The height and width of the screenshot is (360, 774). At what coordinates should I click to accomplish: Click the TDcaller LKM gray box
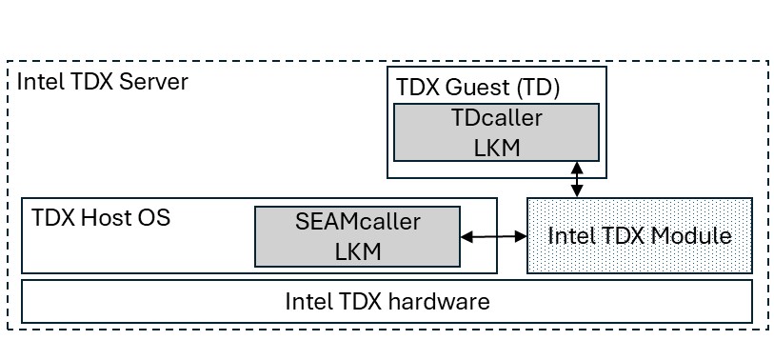coord(497,132)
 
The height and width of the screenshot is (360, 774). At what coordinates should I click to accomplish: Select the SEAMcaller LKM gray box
coord(357,236)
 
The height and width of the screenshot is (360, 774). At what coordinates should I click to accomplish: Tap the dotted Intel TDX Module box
coord(639,235)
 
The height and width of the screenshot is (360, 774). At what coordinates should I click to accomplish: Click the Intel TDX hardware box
coord(387,302)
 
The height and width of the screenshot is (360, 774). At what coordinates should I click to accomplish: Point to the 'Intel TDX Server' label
coord(102,81)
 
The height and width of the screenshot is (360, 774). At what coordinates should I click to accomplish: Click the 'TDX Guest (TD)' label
coord(477,88)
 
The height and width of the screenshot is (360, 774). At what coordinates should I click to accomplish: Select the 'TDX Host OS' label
coord(101,217)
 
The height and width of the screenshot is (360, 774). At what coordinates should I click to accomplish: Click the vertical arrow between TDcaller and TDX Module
coord(576,179)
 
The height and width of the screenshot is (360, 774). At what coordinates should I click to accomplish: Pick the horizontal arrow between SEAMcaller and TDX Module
coord(493,236)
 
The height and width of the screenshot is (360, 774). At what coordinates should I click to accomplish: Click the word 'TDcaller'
coord(496,119)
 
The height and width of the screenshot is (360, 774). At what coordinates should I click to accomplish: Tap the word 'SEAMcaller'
coord(357,222)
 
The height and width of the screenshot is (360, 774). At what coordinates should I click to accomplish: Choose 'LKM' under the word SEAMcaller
coord(357,250)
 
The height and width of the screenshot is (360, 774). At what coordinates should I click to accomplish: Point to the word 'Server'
coord(158,81)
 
